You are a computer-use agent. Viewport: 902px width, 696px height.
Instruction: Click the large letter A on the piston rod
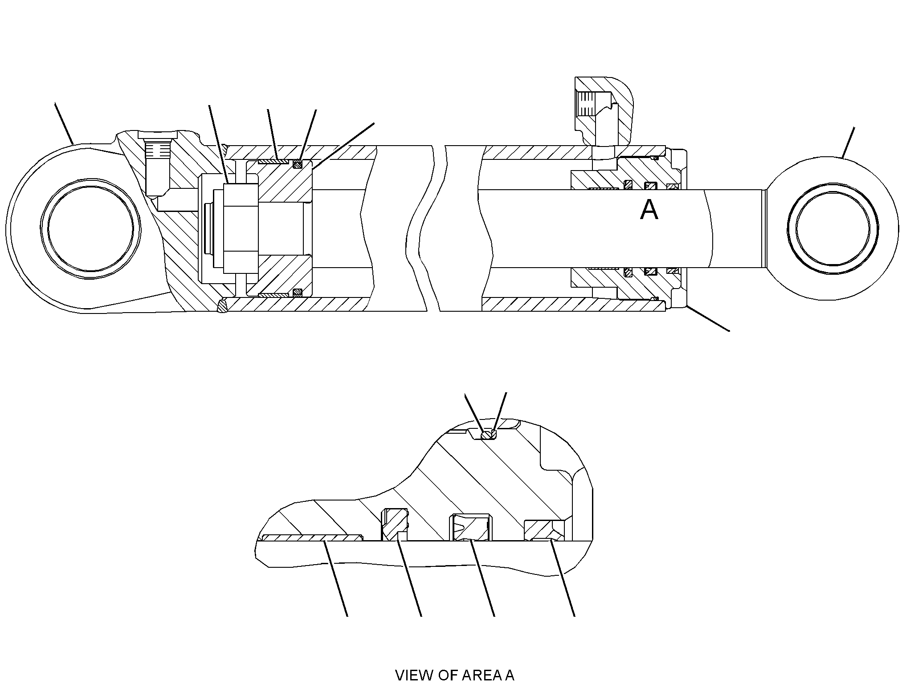coord(649,210)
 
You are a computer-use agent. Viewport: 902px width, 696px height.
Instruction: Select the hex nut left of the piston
coord(241,228)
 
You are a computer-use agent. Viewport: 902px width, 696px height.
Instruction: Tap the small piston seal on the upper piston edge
coord(297,164)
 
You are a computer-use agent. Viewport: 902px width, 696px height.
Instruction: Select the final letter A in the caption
coord(510,675)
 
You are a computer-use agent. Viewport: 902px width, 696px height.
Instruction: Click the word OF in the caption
coord(448,675)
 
